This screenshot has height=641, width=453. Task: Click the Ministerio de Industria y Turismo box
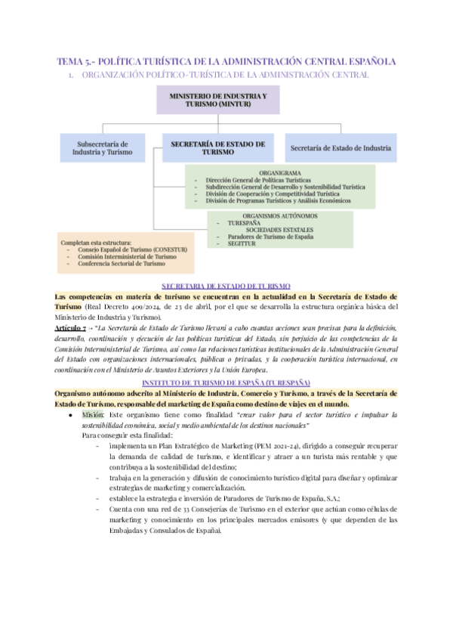pos(218,101)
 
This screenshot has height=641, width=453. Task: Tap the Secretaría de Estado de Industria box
pos(341,148)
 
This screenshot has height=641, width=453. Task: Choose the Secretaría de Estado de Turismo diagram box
pos(218,147)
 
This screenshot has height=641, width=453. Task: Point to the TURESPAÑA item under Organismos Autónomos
pos(243,224)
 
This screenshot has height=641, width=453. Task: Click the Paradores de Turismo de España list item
pos(270,237)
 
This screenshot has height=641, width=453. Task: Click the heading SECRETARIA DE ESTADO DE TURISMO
pos(226,286)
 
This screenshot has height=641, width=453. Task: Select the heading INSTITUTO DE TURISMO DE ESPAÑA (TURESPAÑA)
pos(226,384)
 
